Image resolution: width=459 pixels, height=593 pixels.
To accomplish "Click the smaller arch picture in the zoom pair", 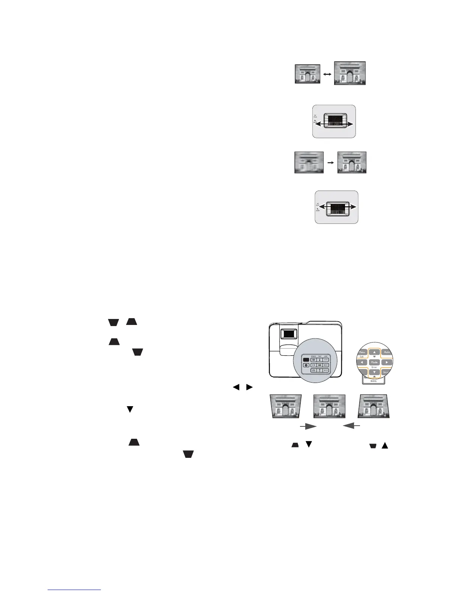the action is click(307, 73).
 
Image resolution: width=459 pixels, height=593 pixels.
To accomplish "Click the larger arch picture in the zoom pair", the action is click(349, 73).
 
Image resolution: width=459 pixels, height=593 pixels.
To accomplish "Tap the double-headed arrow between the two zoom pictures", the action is click(327, 74).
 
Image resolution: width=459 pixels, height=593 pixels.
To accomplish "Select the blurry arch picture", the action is click(309, 162).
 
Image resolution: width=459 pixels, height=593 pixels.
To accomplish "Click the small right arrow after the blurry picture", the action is click(331, 163).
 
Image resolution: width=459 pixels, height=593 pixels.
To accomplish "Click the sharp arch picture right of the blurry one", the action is click(352, 162).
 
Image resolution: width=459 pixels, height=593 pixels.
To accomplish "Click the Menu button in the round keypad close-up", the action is click(362, 352).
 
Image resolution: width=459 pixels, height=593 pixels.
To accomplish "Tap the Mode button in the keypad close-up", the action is click(374, 362).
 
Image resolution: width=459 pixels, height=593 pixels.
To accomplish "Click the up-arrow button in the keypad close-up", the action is click(374, 352).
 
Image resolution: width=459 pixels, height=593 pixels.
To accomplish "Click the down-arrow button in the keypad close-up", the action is click(374, 372).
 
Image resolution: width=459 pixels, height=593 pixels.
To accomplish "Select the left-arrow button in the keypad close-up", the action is click(362, 362).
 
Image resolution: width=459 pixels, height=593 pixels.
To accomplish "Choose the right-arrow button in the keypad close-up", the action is click(386, 362).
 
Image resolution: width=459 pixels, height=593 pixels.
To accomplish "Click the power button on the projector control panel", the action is click(306, 365).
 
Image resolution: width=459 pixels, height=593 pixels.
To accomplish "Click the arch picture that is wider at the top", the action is click(286, 406).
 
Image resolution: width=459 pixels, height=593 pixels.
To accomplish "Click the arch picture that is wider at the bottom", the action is click(374, 406).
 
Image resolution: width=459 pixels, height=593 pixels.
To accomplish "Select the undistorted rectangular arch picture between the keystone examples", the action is click(329, 406).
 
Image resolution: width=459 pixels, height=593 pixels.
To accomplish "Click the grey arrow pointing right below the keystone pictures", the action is click(307, 426).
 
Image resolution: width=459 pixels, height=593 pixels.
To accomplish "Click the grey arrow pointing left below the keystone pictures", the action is click(352, 426).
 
